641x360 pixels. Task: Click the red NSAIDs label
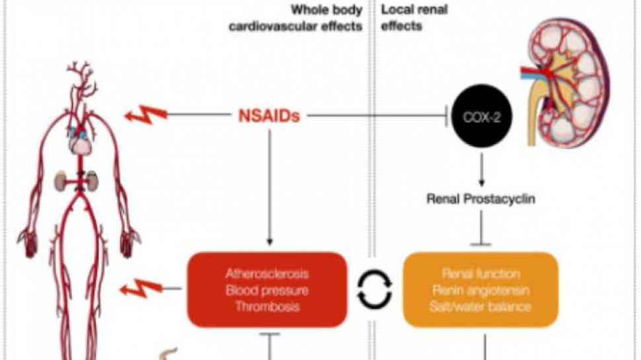click(x=269, y=117)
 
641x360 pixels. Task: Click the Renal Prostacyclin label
click(x=481, y=198)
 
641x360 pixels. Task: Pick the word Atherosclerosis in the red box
click(x=267, y=273)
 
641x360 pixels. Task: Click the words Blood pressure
click(x=267, y=290)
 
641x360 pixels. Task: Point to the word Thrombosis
click(x=267, y=306)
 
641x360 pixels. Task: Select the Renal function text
click(x=480, y=273)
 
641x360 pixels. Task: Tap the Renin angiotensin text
click(x=480, y=290)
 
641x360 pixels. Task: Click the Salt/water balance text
click(x=480, y=306)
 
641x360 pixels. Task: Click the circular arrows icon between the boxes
click(x=374, y=291)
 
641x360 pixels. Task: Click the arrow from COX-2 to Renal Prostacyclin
click(x=481, y=170)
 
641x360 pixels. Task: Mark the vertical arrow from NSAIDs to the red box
click(x=269, y=185)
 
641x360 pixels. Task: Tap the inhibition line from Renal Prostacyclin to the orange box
click(x=481, y=231)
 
